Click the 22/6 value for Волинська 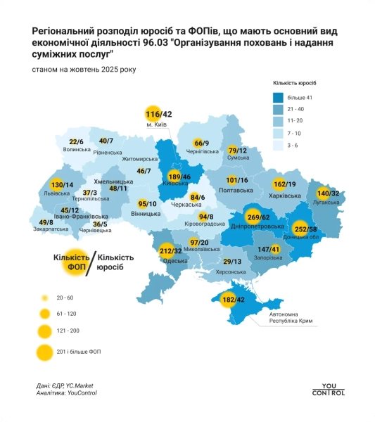[76, 141]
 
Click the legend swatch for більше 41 [279, 98]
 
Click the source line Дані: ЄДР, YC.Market [65, 385]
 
